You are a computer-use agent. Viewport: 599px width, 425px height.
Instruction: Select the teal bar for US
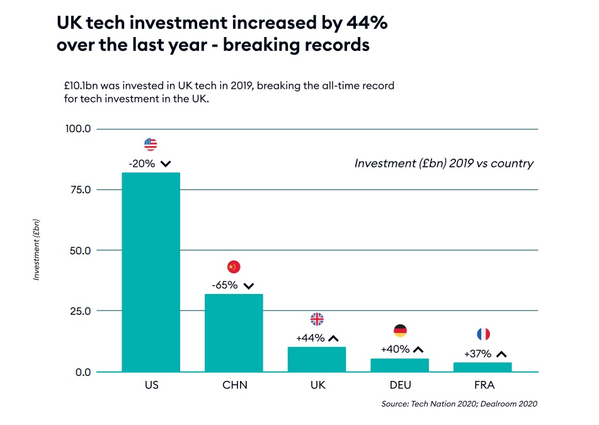[151, 272]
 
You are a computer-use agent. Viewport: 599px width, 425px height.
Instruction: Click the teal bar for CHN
[234, 332]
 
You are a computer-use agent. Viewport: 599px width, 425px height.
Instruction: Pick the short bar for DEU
[400, 365]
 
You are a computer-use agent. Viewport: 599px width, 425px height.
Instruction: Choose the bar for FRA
[483, 367]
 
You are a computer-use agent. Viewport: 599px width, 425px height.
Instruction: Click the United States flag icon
[151, 144]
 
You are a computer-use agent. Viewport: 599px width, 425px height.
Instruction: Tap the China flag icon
[234, 266]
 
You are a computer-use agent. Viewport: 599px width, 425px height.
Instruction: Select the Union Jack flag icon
[317, 319]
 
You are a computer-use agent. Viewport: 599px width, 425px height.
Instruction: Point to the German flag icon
[400, 331]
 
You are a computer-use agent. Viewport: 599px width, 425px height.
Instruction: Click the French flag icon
[483, 334]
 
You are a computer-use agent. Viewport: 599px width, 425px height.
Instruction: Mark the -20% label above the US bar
[141, 164]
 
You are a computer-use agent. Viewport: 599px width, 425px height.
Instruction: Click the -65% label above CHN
[224, 285]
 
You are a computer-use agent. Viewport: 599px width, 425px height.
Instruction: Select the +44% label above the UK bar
[311, 338]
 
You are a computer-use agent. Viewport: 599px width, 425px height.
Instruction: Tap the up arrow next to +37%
[501, 354]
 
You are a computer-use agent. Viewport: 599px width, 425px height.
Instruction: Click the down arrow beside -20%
[166, 164]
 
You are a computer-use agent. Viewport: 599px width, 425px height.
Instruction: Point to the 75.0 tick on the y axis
[79, 190]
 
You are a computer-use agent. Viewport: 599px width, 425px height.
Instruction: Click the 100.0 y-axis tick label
[78, 129]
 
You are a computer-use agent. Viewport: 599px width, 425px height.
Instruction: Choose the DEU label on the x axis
[400, 385]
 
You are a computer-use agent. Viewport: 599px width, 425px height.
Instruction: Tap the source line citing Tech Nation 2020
[459, 404]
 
